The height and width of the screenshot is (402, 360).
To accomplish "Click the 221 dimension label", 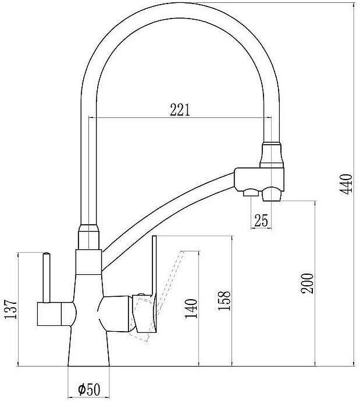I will point(180,109).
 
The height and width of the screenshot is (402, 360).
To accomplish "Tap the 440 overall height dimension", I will point(347,184).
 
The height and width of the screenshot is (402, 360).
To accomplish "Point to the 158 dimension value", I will point(227,301).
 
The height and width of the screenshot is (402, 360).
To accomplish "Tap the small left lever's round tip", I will point(44,254).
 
